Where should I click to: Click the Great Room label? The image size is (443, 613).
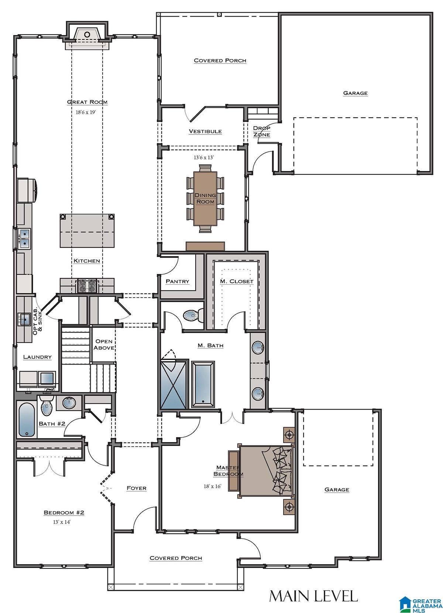(x=87, y=102)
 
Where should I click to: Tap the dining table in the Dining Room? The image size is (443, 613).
(x=205, y=199)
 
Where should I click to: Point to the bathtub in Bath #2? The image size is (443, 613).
(x=27, y=420)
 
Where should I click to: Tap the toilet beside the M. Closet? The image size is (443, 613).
(x=193, y=315)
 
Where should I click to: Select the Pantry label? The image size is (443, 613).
(x=177, y=281)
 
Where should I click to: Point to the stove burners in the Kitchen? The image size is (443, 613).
(x=87, y=286)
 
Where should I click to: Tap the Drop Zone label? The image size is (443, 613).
(x=262, y=131)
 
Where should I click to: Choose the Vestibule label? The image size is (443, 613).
(x=205, y=131)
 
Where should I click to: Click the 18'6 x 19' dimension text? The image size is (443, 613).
(x=86, y=112)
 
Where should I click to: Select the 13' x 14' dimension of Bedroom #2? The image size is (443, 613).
(x=62, y=522)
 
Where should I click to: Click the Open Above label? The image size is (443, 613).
(x=104, y=344)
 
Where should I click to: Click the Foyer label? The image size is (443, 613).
(x=137, y=488)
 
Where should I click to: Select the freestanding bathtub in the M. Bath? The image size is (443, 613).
(x=203, y=384)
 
